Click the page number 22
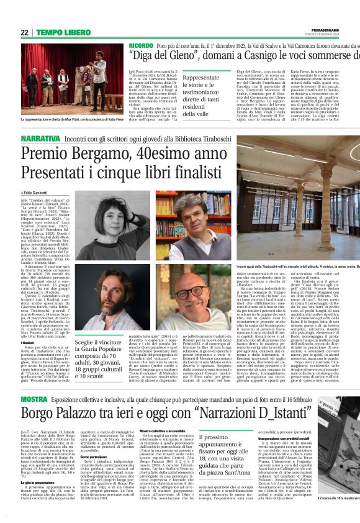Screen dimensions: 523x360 click(x=25, y=33)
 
